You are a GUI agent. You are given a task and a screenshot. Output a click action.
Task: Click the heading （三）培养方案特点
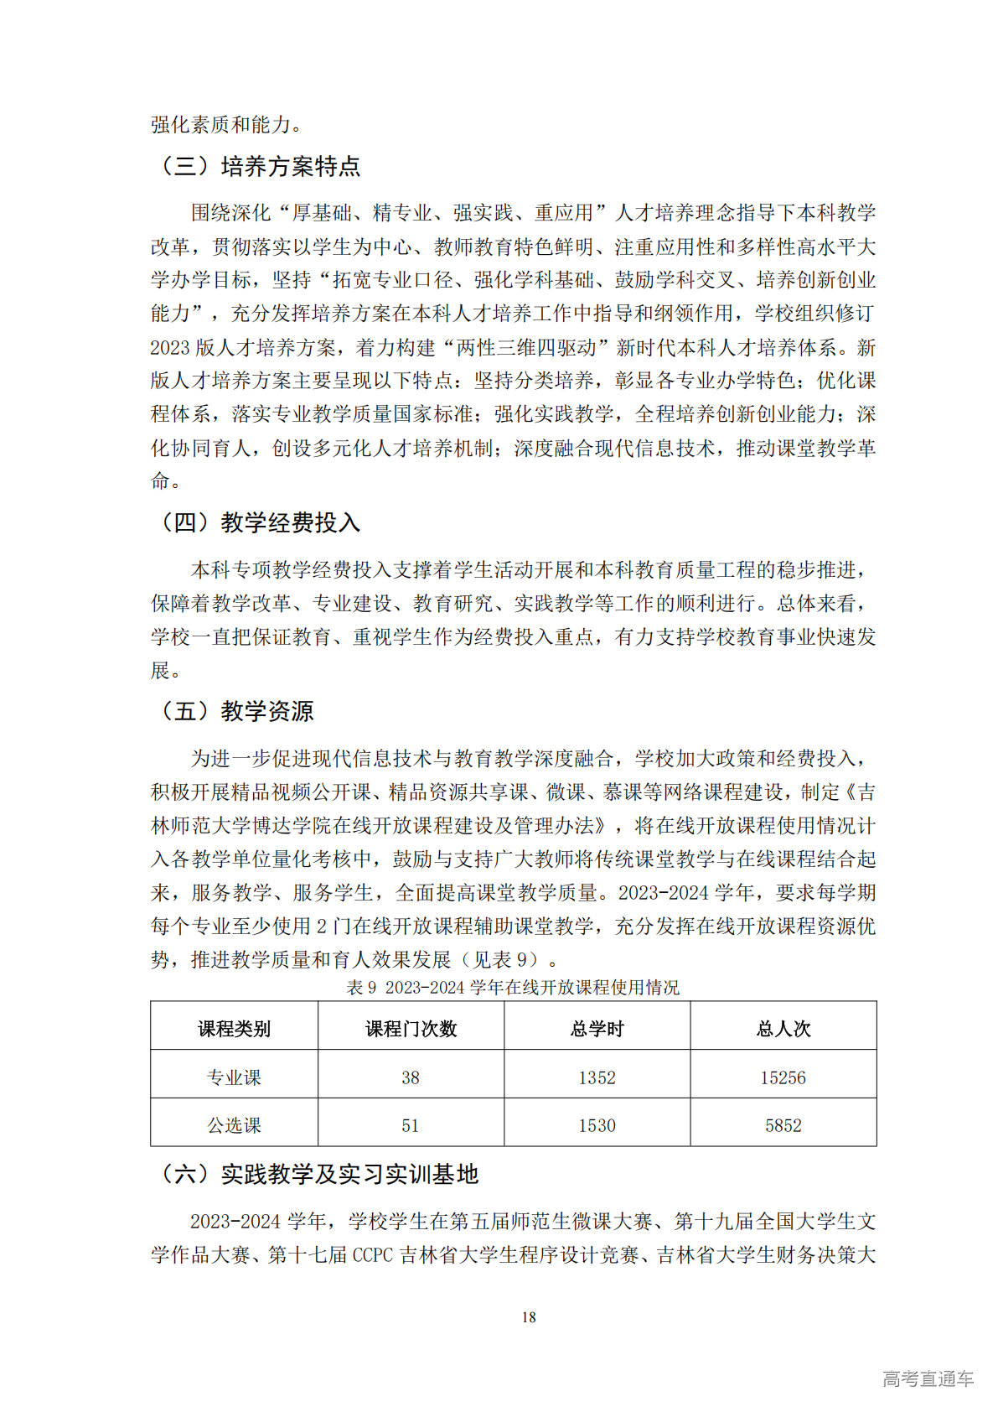(x=258, y=166)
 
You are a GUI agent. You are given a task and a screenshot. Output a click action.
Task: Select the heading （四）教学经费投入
(x=258, y=522)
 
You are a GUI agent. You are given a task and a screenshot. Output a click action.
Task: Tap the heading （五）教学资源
(x=235, y=711)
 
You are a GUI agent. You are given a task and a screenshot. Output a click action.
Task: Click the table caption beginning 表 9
(x=513, y=988)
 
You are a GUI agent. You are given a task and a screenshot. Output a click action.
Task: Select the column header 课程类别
(x=234, y=1029)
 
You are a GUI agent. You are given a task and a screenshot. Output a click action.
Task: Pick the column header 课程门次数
(x=411, y=1029)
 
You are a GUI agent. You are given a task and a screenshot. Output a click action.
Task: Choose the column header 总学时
(x=597, y=1029)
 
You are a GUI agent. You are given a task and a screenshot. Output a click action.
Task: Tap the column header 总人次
(x=783, y=1029)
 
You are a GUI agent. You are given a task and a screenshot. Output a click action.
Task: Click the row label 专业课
(x=234, y=1077)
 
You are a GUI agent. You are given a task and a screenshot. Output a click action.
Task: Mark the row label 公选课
(x=234, y=1125)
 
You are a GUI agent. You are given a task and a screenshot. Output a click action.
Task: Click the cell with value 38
(x=411, y=1077)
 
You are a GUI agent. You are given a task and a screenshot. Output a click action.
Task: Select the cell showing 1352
(x=597, y=1077)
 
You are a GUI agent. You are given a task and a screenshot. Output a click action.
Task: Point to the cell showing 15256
(x=783, y=1077)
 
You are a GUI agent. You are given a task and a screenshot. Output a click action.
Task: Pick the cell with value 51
(x=411, y=1125)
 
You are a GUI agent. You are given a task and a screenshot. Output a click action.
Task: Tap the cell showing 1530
(x=597, y=1125)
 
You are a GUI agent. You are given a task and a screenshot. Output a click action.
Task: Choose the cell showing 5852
(x=783, y=1125)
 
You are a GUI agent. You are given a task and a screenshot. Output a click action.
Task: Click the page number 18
(x=529, y=1317)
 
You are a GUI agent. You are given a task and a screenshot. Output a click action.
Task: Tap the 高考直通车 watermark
(x=928, y=1378)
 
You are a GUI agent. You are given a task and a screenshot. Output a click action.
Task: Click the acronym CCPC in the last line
(x=373, y=1255)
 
